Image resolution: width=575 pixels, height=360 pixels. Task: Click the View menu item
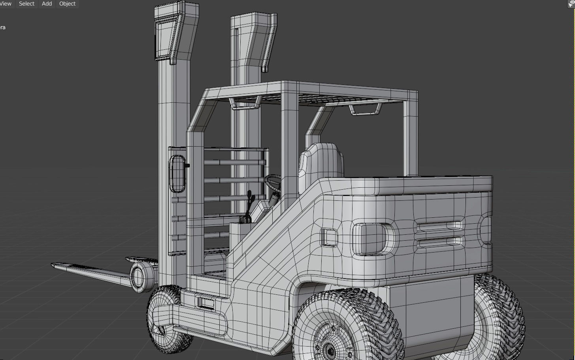[x=6, y=4]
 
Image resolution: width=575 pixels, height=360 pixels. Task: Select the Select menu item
[x=26, y=4]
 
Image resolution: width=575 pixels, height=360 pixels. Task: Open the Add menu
[x=47, y=4]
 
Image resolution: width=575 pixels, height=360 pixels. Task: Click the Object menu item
[x=67, y=4]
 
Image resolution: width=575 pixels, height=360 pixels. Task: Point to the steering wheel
[x=273, y=183]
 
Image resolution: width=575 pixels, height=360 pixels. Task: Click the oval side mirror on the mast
[x=177, y=174]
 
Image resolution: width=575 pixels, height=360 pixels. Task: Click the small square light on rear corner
[x=329, y=237]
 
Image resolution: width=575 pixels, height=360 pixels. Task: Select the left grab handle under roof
[x=245, y=103]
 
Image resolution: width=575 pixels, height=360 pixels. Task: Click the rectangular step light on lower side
[x=205, y=303]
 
